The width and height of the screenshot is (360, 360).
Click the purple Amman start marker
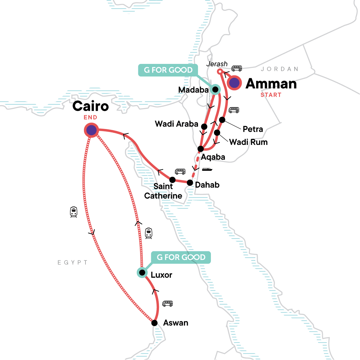click(x=234, y=83)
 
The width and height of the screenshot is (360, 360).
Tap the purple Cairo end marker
click(x=91, y=130)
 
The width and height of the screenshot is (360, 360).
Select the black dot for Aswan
click(x=154, y=323)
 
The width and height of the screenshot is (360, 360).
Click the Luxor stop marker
click(x=142, y=272)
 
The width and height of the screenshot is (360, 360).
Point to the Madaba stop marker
click(x=215, y=89)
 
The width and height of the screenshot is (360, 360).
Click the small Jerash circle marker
click(x=219, y=71)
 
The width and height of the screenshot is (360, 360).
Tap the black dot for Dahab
click(x=190, y=182)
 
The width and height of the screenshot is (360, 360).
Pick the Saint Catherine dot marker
click(x=172, y=180)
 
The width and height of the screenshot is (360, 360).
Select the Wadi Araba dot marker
click(x=204, y=127)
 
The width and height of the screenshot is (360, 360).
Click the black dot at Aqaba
click(x=201, y=149)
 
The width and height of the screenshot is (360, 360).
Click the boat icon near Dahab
click(x=207, y=169)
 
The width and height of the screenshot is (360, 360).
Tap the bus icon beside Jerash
click(x=236, y=68)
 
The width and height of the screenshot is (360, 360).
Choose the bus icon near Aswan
click(x=167, y=304)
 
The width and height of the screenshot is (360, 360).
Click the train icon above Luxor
click(x=148, y=233)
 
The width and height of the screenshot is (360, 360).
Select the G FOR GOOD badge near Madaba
click(x=168, y=70)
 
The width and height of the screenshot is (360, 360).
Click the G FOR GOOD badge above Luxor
click(x=181, y=257)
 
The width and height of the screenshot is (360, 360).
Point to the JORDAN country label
click(x=279, y=69)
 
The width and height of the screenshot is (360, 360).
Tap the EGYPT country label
click(x=73, y=262)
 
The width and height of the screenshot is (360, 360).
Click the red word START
click(x=271, y=95)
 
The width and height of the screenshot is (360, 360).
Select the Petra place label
click(x=253, y=129)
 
